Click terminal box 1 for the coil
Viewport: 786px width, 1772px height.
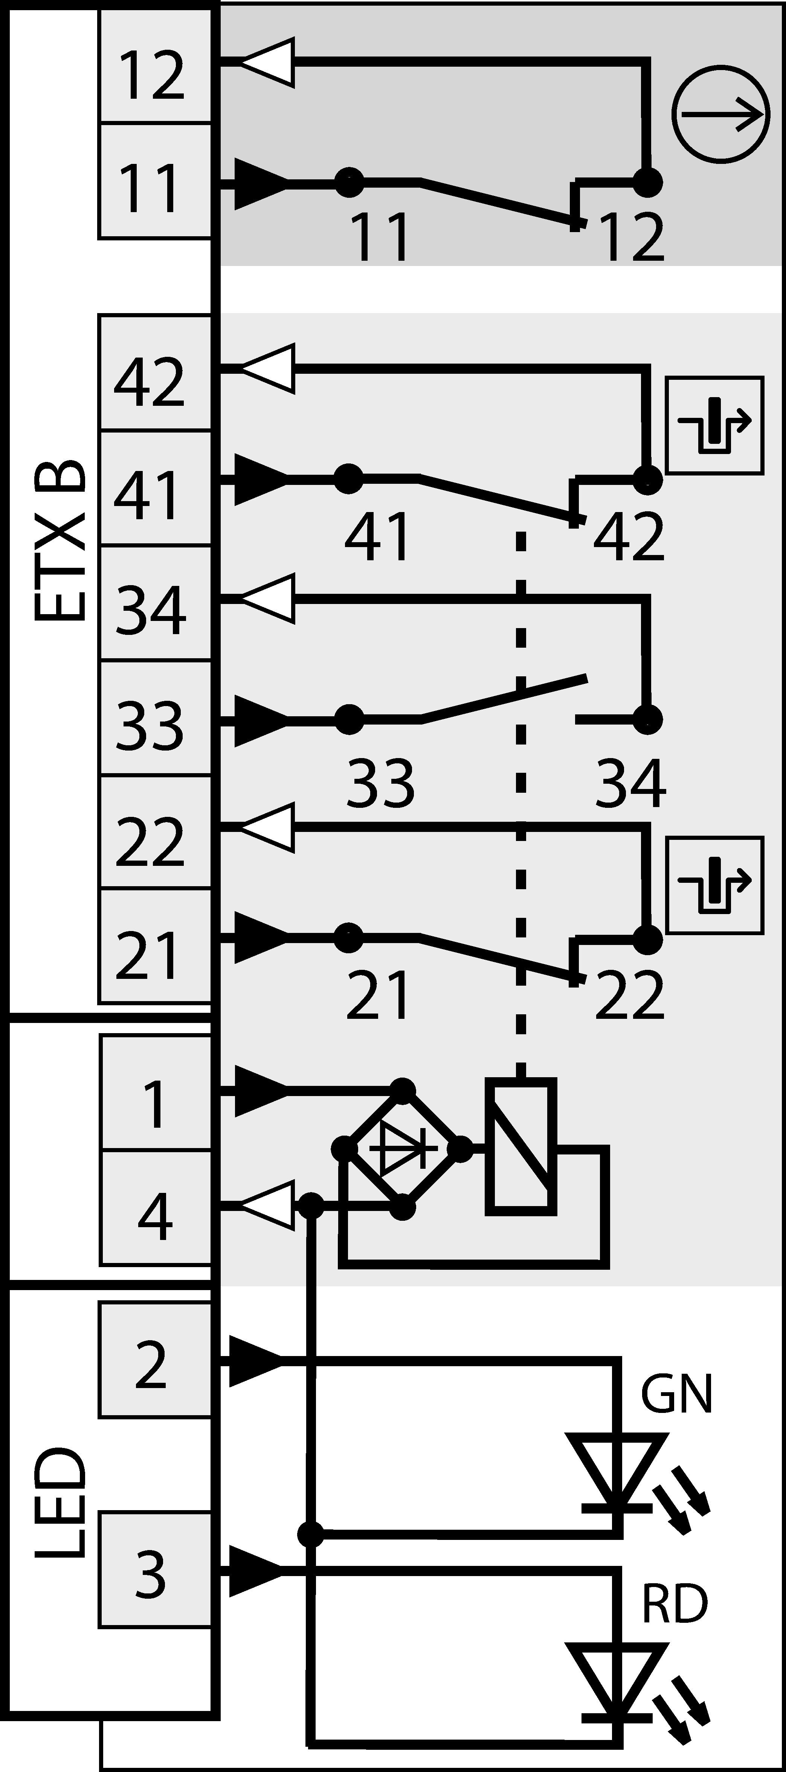point(155,1094)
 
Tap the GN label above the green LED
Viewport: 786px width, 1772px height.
point(676,1394)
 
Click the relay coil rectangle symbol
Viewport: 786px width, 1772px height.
point(520,1147)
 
